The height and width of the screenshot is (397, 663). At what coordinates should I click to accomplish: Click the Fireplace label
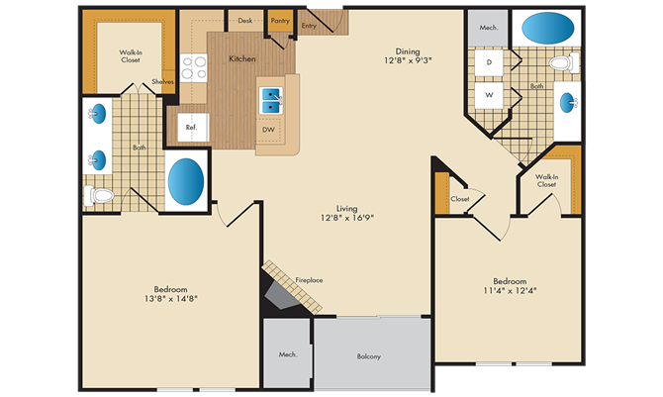(309, 280)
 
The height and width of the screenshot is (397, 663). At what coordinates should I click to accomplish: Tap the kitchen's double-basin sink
(271, 101)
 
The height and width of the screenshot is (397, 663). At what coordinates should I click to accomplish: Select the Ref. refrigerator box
(193, 127)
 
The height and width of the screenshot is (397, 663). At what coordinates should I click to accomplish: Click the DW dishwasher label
(268, 130)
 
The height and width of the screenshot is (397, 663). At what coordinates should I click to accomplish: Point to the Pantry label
(280, 21)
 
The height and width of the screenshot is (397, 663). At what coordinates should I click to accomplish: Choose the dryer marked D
(489, 62)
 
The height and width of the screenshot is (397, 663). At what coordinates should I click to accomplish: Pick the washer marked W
(489, 95)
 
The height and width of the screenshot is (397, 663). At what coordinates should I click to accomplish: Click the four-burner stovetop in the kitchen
(194, 67)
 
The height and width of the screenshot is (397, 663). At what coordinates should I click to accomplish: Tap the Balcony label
(369, 356)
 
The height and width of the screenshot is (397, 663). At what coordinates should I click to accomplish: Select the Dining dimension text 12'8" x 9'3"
(408, 60)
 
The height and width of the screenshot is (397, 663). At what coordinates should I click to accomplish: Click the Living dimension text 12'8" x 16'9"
(347, 218)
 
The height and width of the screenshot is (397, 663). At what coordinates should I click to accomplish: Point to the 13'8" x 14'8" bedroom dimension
(171, 299)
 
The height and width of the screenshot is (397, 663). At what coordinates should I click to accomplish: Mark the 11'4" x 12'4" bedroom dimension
(510, 291)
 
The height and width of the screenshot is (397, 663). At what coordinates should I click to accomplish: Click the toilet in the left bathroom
(99, 196)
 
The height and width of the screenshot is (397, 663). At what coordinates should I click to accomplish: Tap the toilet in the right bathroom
(564, 63)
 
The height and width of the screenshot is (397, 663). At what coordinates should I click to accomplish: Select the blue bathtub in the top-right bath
(548, 28)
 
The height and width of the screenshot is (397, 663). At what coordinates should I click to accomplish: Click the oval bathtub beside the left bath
(186, 181)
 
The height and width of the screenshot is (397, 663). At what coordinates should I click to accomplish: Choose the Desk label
(245, 21)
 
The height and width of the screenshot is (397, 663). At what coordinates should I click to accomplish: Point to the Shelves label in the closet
(163, 82)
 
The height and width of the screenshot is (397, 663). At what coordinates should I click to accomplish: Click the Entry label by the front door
(309, 26)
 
